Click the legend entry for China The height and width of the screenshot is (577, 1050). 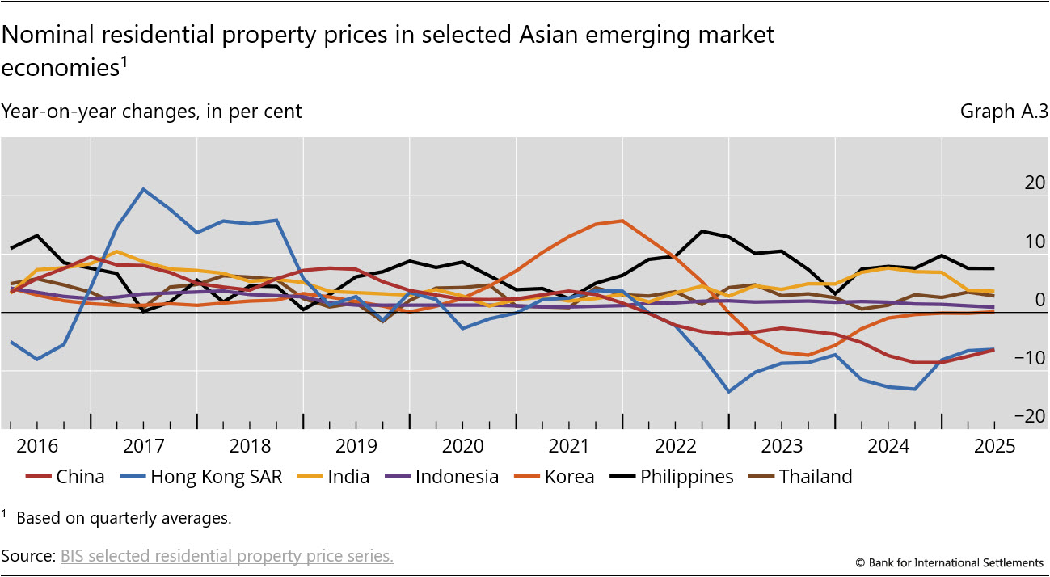coord(80,477)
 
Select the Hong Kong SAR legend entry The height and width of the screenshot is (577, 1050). coord(216,477)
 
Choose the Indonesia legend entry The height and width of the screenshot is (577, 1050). coord(457,477)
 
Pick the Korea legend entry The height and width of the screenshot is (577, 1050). coord(569,477)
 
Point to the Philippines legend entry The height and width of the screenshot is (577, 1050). coord(686,477)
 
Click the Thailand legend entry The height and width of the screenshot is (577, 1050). coord(815,477)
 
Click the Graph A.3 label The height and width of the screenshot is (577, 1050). coord(1004,112)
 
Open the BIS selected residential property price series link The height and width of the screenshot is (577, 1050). coord(227,556)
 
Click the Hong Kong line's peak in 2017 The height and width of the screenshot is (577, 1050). coord(143,189)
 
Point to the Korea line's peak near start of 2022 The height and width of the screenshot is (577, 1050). coord(621,221)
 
